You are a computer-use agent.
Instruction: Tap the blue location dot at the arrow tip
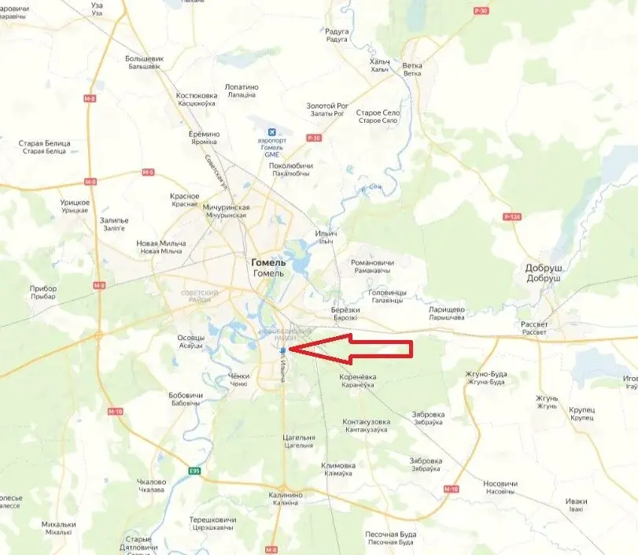pos(282,349)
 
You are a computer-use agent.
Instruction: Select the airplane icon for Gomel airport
pos(272,130)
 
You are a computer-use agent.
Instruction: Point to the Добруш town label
pos(543,268)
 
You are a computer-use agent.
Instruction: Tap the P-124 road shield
pos(511,216)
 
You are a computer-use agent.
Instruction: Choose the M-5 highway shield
pos(148,172)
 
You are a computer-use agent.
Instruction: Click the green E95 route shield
pos(194,471)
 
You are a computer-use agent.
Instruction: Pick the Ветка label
pos(412,66)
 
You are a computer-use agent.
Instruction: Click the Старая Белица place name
pos(44,143)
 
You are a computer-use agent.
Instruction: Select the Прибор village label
pos(43,289)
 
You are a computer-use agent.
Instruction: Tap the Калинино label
pos(279,495)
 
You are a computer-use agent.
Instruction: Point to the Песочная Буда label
pos(391,535)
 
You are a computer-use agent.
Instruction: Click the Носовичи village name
pos(500,483)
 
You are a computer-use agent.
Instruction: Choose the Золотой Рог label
pos(327,105)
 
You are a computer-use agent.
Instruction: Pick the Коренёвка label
pos(358,377)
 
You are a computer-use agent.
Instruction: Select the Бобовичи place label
pos(186,395)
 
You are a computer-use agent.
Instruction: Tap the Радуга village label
pos(337,31)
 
